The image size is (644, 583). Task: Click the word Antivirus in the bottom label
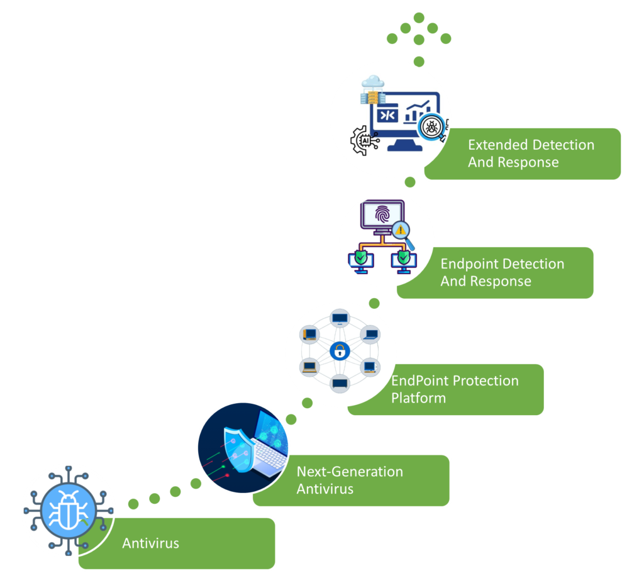[x=150, y=543]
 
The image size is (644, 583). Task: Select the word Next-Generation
[x=350, y=472]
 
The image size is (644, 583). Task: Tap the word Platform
[x=418, y=398]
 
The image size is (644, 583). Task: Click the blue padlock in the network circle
[x=340, y=351]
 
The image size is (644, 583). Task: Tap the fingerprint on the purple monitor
[x=382, y=216]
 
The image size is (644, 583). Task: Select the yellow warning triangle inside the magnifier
[x=401, y=230]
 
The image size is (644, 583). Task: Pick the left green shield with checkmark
[x=360, y=257]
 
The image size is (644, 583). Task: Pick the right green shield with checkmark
[x=403, y=257]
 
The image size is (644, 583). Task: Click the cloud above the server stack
[x=373, y=81]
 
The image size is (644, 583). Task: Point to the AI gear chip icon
[x=364, y=140]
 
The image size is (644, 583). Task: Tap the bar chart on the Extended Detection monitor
[x=416, y=112]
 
